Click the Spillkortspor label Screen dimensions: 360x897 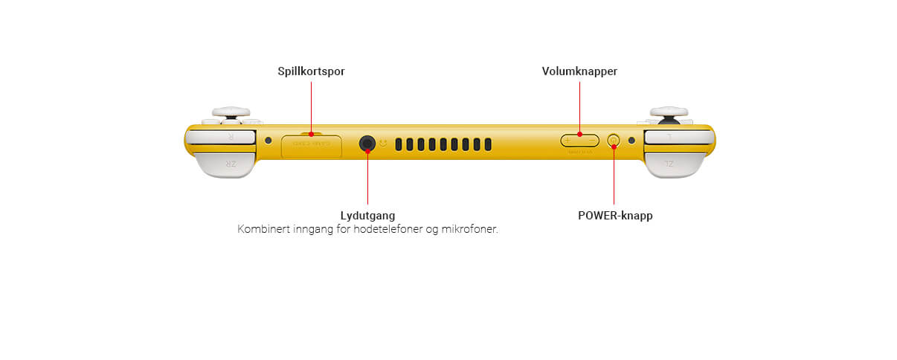click(311, 71)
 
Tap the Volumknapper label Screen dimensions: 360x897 click(579, 71)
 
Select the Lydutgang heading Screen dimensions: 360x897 click(368, 216)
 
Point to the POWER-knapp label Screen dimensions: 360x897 click(615, 216)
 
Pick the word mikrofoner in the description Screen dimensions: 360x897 click(471, 229)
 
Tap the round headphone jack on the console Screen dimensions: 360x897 click(367, 144)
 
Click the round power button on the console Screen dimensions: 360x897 click(614, 140)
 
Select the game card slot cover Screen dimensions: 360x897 click(312, 146)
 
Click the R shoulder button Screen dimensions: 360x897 click(222, 137)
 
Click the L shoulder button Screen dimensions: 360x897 click(678, 137)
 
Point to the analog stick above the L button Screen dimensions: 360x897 click(667, 112)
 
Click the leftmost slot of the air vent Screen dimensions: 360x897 click(399, 144)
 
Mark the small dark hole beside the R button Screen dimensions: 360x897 click(269, 140)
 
